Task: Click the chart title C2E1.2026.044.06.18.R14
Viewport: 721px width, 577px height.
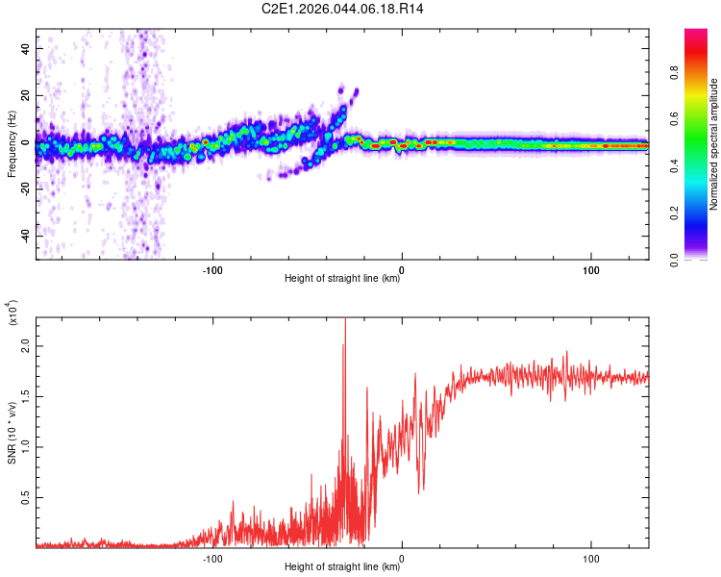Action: (342, 10)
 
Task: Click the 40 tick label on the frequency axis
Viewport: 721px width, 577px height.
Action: (24, 49)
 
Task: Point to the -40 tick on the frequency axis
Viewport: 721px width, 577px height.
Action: (22, 237)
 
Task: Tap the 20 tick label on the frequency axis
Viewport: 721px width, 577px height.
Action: (24, 96)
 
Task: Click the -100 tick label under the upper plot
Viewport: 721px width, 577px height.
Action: (212, 268)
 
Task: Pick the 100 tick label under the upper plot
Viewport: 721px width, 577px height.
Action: (591, 268)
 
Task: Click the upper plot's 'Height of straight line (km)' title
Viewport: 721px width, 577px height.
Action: (342, 279)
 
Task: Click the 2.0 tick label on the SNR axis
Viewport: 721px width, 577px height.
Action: (25, 348)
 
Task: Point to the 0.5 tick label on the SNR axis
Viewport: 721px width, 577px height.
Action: (25, 496)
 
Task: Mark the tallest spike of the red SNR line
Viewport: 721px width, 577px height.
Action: (345, 321)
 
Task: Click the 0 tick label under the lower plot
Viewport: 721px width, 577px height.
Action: (402, 557)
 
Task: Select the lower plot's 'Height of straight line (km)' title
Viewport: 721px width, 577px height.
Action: (342, 567)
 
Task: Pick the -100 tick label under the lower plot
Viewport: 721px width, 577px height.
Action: (212, 557)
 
